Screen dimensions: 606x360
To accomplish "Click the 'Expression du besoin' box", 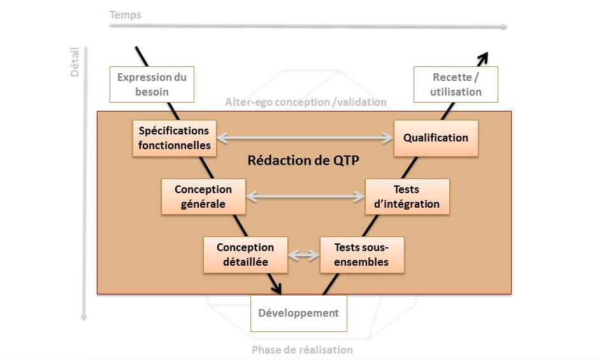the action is (x=152, y=84).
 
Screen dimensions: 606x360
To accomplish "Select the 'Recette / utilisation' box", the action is (x=456, y=84).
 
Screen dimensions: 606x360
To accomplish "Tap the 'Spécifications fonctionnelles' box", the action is (x=175, y=138).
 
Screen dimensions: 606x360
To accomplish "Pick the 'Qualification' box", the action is (x=436, y=138).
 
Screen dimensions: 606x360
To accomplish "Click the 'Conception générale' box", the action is (x=203, y=197).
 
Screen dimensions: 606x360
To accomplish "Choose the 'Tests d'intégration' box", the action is (x=407, y=197).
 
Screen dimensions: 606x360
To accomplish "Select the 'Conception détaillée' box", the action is (x=245, y=255).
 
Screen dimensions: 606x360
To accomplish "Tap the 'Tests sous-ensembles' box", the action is (x=362, y=255).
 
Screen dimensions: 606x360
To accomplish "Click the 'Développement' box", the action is (x=299, y=313).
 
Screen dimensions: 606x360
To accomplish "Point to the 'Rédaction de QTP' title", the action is (x=303, y=160).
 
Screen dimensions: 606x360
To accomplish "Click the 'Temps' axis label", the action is (x=126, y=15).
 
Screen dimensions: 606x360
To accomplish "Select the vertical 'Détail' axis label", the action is (x=74, y=62).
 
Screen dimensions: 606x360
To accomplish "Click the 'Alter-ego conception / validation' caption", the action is (x=306, y=102).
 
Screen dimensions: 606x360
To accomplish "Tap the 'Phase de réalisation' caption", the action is (x=302, y=350).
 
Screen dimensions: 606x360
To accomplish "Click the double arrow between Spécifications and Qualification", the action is (x=305, y=138).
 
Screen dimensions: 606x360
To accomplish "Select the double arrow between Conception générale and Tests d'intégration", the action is (x=305, y=197).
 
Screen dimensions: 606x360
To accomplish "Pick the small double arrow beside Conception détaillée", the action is (x=304, y=255).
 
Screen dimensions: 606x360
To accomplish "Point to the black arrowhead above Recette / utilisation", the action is (x=483, y=58).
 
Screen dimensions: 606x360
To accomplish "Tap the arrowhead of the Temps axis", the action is (x=504, y=26).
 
